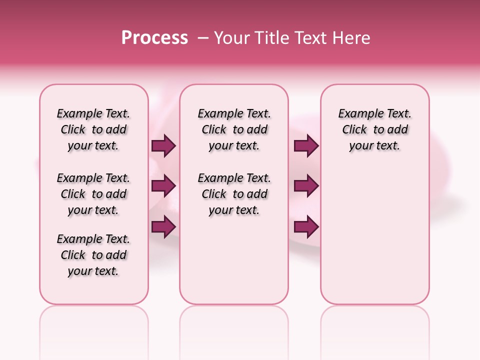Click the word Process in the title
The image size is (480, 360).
click(154, 38)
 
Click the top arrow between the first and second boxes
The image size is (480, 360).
click(163, 146)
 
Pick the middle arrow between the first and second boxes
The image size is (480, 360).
click(163, 186)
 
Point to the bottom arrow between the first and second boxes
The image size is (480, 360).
click(163, 226)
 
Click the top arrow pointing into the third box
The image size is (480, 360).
click(306, 146)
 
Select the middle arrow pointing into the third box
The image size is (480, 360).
click(306, 186)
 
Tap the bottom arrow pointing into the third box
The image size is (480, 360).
click(306, 226)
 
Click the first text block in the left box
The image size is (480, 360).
click(93, 129)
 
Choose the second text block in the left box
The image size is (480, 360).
click(93, 194)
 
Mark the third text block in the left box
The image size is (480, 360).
click(93, 255)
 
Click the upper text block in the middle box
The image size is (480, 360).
click(234, 129)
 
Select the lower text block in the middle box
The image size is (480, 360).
click(234, 194)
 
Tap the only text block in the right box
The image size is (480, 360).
click(375, 129)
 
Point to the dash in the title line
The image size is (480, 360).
click(203, 38)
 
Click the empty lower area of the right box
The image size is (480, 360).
click(375, 240)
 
